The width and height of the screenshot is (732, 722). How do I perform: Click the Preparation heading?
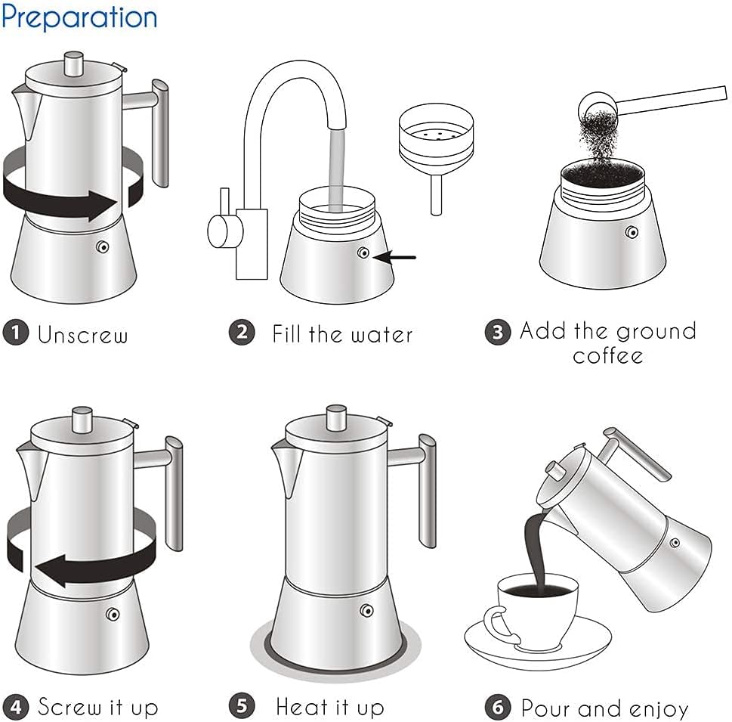coord(79,17)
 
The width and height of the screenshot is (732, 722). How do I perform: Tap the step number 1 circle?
coord(15,333)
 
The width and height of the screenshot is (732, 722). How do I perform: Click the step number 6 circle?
coord(497,708)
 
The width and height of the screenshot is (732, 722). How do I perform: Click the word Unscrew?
coord(83,334)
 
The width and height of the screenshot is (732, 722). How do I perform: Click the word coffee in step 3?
coord(607,355)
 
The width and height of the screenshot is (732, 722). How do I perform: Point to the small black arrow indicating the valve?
coord(397,257)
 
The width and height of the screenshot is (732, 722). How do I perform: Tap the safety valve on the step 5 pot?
coord(367,611)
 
